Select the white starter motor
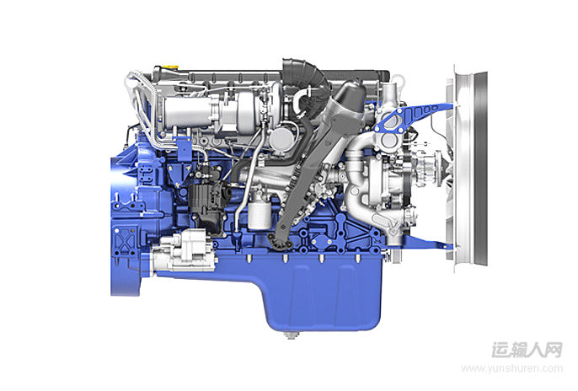[x=183, y=250]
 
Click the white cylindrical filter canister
[x=260, y=213]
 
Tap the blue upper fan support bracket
[x=413, y=116]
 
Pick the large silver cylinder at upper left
[x=187, y=111]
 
